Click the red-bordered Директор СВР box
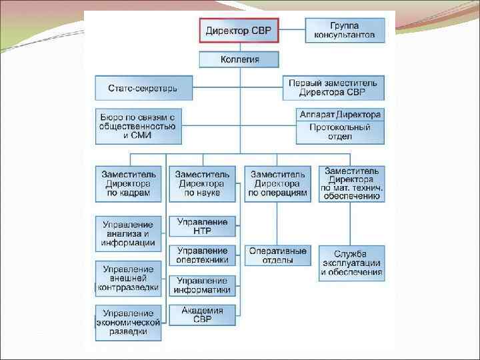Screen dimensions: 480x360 pos(239,31)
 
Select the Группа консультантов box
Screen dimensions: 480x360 pos(345,31)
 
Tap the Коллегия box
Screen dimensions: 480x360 pos(239,60)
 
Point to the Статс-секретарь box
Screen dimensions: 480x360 pos(144,88)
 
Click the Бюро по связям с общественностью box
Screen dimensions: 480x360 pos(139,126)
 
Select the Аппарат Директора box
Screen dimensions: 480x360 pos(340,115)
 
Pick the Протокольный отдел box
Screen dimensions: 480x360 pos(340,132)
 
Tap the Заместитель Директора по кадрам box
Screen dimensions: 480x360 pos(129,183)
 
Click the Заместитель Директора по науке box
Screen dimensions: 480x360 pos(203,183)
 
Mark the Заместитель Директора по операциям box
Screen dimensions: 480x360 pos(277,183)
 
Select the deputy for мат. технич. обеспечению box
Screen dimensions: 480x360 pos(353,183)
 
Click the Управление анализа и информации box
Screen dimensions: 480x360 pos(129,233)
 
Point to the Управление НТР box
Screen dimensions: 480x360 pos(203,226)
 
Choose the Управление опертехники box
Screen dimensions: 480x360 pos(203,255)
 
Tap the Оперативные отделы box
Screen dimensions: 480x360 pos(277,255)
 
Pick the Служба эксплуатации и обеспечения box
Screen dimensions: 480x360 pos(353,263)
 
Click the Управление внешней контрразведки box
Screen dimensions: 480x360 pos(129,279)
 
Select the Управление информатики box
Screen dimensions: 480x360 pos(203,285)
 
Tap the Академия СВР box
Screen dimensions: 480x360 pos(203,315)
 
